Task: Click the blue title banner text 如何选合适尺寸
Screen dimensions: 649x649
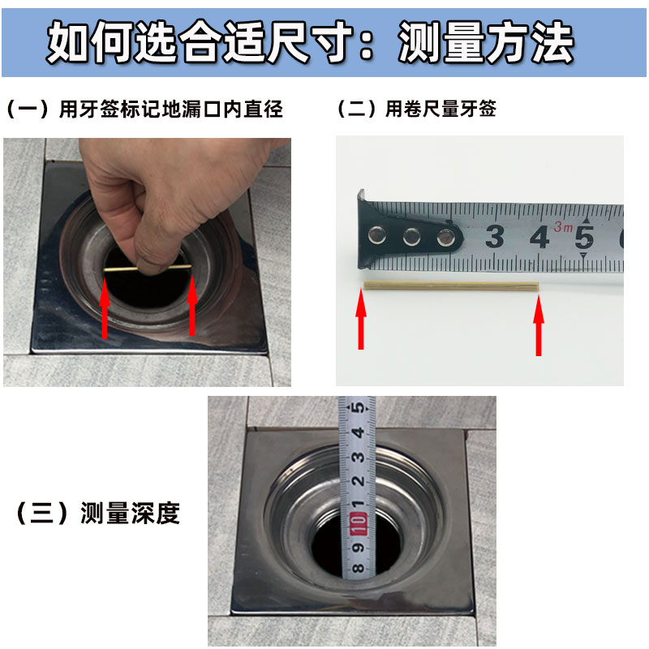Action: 199,43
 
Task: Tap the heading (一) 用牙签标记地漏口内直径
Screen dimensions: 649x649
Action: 145,110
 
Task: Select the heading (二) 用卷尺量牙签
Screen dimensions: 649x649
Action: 417,109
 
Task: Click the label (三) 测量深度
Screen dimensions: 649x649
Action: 97,514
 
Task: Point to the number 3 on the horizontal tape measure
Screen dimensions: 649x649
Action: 495,236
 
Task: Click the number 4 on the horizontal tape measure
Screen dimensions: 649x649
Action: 540,237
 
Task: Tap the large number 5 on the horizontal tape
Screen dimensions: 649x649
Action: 584,237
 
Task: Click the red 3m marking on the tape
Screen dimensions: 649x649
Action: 563,226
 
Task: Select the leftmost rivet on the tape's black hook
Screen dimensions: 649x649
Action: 377,234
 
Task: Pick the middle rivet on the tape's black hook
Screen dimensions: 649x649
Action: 411,237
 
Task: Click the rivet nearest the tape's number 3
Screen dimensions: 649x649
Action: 445,237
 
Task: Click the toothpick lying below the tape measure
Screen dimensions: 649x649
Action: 451,286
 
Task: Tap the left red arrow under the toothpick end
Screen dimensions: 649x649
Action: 361,319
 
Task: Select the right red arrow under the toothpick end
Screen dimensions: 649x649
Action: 539,325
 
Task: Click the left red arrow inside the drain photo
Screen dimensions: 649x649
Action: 105,308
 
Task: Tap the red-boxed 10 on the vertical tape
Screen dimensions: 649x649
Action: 358,523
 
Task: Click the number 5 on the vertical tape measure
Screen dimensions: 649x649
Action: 359,407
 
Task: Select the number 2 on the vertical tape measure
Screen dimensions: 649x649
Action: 359,481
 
